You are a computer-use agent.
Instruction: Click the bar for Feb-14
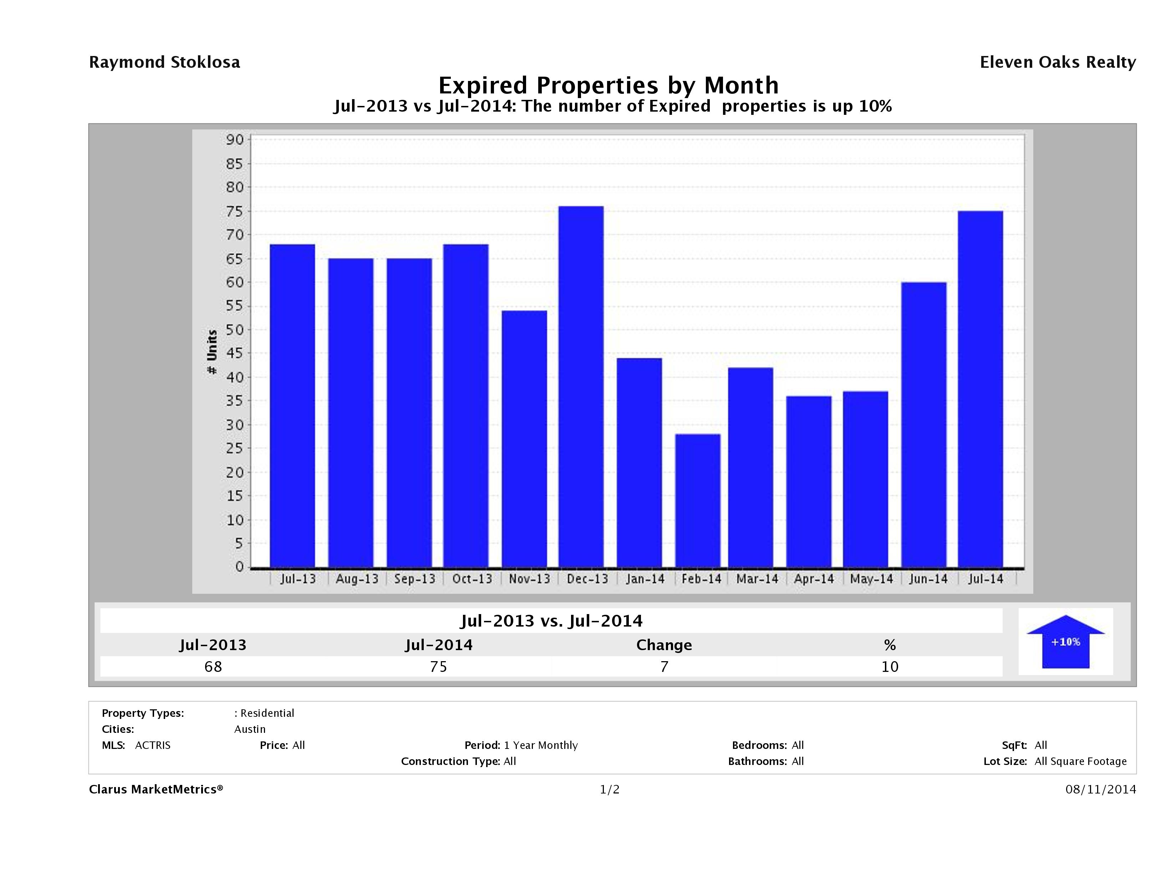[x=697, y=500]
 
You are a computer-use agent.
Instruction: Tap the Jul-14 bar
[x=980, y=389]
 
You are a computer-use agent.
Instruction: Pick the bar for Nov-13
[x=524, y=439]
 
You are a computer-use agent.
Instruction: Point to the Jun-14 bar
[x=923, y=424]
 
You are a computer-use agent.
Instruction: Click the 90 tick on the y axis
[x=235, y=139]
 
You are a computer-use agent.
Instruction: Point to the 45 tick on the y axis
[x=235, y=353]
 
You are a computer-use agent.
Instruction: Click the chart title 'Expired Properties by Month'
[x=608, y=85]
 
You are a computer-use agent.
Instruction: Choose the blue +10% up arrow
[x=1065, y=642]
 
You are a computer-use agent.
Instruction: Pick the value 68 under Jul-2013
[x=213, y=667]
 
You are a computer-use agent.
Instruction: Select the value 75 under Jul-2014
[x=439, y=667]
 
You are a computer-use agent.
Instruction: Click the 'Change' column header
[x=664, y=645]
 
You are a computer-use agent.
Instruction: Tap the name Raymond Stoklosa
[x=164, y=62]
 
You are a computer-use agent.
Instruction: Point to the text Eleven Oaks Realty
[x=1057, y=62]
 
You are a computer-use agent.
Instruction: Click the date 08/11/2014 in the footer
[x=1100, y=789]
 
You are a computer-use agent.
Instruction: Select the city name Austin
[x=250, y=729]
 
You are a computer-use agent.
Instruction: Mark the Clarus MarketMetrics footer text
[x=156, y=789]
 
